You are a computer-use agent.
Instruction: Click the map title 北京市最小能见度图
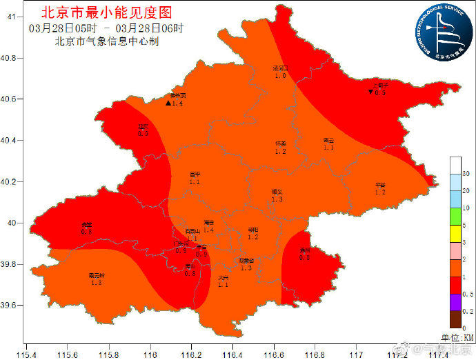[106, 12]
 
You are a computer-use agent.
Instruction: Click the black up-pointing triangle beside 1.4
[168, 103]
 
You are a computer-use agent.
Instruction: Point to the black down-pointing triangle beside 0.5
[370, 92]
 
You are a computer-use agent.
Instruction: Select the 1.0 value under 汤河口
[280, 76]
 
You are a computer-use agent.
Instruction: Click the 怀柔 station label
[280, 143]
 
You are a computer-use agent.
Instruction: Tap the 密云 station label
[328, 140]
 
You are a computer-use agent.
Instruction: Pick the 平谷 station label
[380, 185]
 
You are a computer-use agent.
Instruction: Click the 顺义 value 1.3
[277, 199]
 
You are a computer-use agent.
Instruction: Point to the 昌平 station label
[195, 174]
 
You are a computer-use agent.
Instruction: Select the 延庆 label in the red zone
[143, 126]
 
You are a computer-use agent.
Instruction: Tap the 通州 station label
[304, 250]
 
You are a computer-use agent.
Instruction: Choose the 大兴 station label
[222, 277]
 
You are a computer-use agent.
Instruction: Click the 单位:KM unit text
[458, 337]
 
